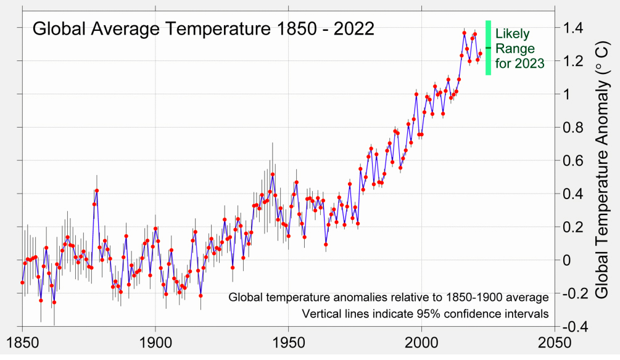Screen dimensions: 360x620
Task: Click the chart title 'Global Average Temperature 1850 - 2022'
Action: (x=203, y=30)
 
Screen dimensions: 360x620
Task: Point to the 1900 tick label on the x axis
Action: (x=155, y=343)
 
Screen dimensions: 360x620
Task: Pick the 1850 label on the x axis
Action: (x=23, y=343)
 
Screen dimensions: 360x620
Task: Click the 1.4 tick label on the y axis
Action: (x=571, y=28)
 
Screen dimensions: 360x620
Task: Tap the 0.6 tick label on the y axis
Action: (x=571, y=160)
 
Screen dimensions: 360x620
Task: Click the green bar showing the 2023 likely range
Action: (x=488, y=47)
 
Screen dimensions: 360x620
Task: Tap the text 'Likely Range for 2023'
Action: (x=519, y=48)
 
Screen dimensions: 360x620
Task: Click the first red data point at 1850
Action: (x=22, y=282)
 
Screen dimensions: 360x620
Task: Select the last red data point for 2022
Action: (x=480, y=54)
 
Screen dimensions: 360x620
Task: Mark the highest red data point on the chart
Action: (x=464, y=33)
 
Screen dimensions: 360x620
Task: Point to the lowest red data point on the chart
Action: (x=54, y=302)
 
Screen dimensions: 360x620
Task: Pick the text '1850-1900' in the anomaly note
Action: (x=451, y=297)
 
